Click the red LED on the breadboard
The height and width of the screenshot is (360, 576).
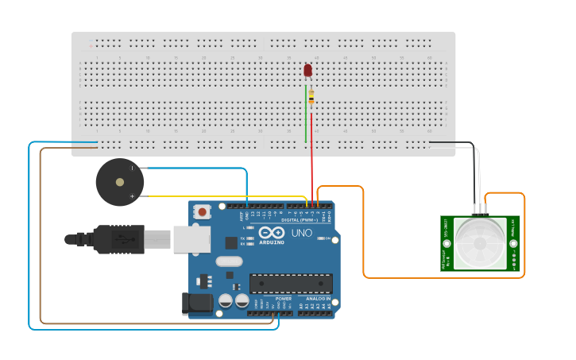click(308, 71)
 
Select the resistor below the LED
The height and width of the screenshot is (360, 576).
click(311, 97)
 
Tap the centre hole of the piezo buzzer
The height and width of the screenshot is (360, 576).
click(120, 182)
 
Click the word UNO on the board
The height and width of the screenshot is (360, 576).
click(302, 233)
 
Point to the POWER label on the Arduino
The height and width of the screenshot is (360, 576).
click(262, 299)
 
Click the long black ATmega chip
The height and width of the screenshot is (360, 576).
click(291, 283)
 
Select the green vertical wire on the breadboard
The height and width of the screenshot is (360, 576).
click(306, 115)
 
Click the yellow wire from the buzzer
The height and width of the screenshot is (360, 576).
click(222, 196)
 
